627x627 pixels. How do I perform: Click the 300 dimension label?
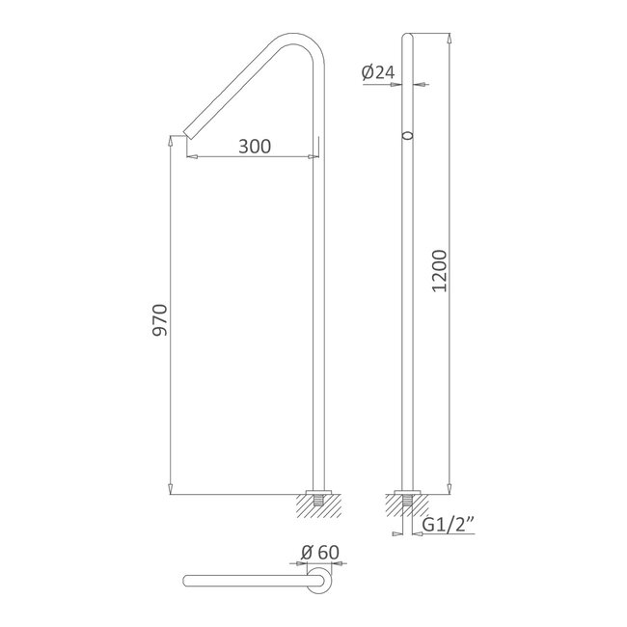pyautogui.click(x=255, y=147)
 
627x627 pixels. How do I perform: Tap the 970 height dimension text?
pyautogui.click(x=160, y=320)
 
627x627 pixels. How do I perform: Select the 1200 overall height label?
pyautogui.click(x=440, y=271)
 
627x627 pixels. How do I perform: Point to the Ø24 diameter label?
pyautogui.click(x=378, y=72)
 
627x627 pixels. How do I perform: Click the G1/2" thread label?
pyautogui.click(x=449, y=525)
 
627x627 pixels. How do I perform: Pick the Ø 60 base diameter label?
pyautogui.click(x=320, y=553)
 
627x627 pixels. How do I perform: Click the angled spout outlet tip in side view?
pyautogui.click(x=186, y=134)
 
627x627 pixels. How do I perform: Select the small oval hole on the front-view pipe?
pyautogui.click(x=407, y=136)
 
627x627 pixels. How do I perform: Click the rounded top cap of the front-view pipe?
pyautogui.click(x=407, y=36)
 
